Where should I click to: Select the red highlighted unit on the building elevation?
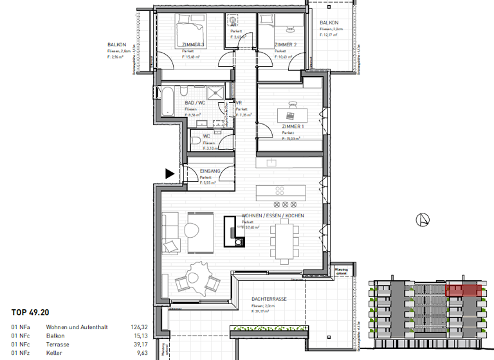point(464,290)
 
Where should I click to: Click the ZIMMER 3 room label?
point(193,44)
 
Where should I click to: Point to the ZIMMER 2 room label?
point(285,44)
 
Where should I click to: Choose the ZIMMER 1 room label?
point(293,127)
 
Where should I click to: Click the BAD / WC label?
point(194,104)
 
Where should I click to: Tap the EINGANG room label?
point(210,170)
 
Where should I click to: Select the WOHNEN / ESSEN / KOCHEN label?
point(273,216)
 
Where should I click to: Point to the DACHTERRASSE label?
point(268,300)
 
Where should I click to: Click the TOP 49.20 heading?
point(30,313)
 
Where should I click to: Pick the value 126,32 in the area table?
point(149,327)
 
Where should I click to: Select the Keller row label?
point(54,352)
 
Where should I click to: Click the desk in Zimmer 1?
point(291,114)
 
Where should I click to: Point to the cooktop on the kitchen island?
point(281,191)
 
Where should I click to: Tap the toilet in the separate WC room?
point(196,140)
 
